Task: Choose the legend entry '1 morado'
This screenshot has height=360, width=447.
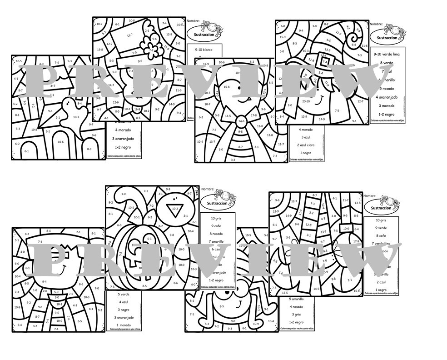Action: [123, 325]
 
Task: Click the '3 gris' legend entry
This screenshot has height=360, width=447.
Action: [298, 314]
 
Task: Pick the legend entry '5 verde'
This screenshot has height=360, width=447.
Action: [123, 294]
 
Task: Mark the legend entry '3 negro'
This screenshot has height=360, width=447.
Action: [123, 310]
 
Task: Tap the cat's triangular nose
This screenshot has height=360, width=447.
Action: [174, 209]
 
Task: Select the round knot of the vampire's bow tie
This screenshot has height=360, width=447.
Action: [241, 121]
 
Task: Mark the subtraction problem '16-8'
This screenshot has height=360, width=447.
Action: [137, 110]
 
